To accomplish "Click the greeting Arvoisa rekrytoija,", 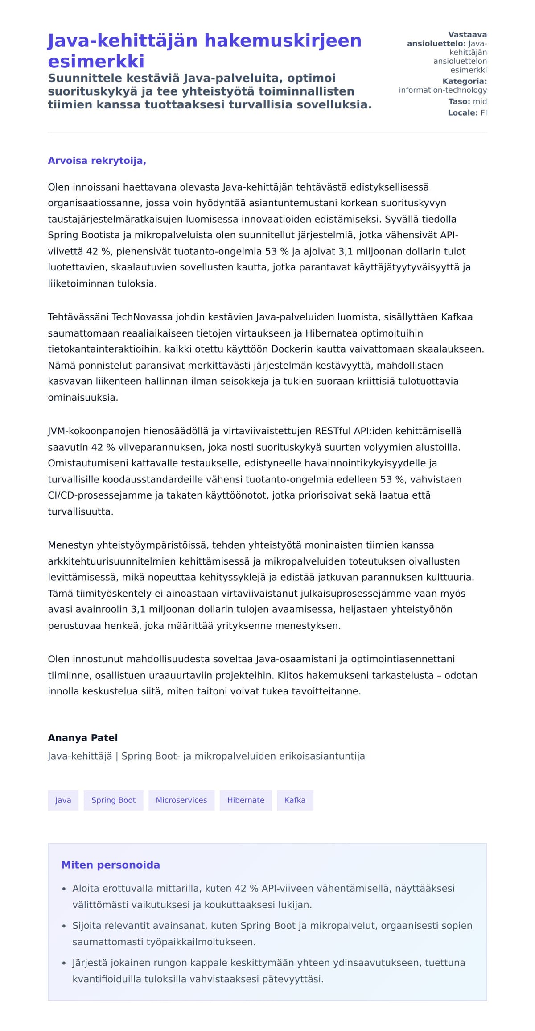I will pos(97,161).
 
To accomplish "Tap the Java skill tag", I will pos(63,800).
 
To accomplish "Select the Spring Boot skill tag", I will pos(113,800).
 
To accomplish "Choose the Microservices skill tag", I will pos(181,800).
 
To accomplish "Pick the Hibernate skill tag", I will pos(246,800).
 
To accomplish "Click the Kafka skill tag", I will pos(295,800).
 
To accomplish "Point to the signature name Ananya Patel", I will pos(82,738).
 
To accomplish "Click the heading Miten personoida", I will pos(110,865).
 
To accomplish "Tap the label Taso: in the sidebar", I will pos(459,101).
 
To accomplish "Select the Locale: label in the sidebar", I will pos(463,113).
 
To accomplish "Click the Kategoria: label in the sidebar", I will pos(464,81).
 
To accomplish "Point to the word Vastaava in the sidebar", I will pos(467,35).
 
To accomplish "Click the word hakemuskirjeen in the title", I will pos(283,41).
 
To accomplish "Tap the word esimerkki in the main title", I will pos(96,62).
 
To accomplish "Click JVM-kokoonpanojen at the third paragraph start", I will pos(94,431).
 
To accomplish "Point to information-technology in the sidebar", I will pos(442,90).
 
